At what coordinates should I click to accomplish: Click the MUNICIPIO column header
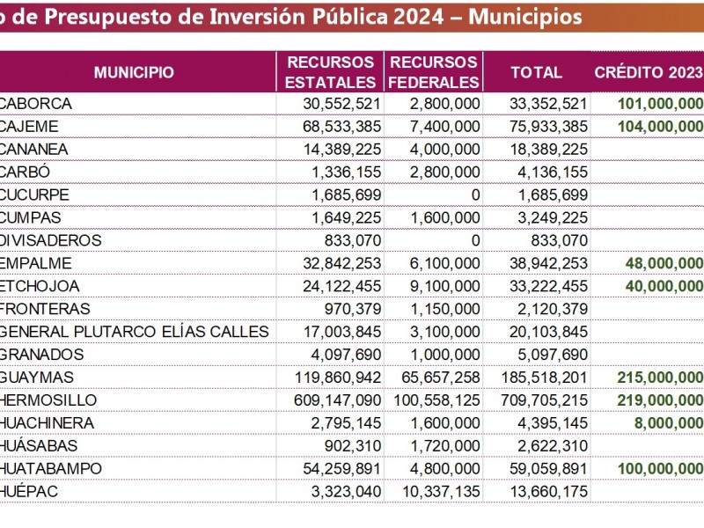pos(134,72)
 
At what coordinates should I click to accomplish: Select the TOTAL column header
pos(537,72)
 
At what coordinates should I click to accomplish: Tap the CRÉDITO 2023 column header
pos(649,72)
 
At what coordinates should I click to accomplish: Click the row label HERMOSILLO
pos(48,400)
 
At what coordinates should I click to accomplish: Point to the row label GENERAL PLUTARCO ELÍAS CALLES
pos(134,332)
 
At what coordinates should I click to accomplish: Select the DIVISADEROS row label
pos(50,240)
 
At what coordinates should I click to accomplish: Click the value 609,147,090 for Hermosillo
pos(337,400)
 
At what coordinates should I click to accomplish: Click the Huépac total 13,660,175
pos(548,491)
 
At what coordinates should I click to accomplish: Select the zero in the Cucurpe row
pos(475,194)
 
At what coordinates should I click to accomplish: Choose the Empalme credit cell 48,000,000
pos(664,263)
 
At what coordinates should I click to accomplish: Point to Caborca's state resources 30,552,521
pos(341,104)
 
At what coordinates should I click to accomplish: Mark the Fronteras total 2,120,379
pos(553,309)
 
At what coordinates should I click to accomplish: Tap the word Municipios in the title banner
pos(525,17)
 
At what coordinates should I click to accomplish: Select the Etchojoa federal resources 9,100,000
pos(444,286)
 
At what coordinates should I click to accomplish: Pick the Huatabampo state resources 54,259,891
pos(341,468)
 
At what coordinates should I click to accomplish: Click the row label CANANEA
pos(33,149)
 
